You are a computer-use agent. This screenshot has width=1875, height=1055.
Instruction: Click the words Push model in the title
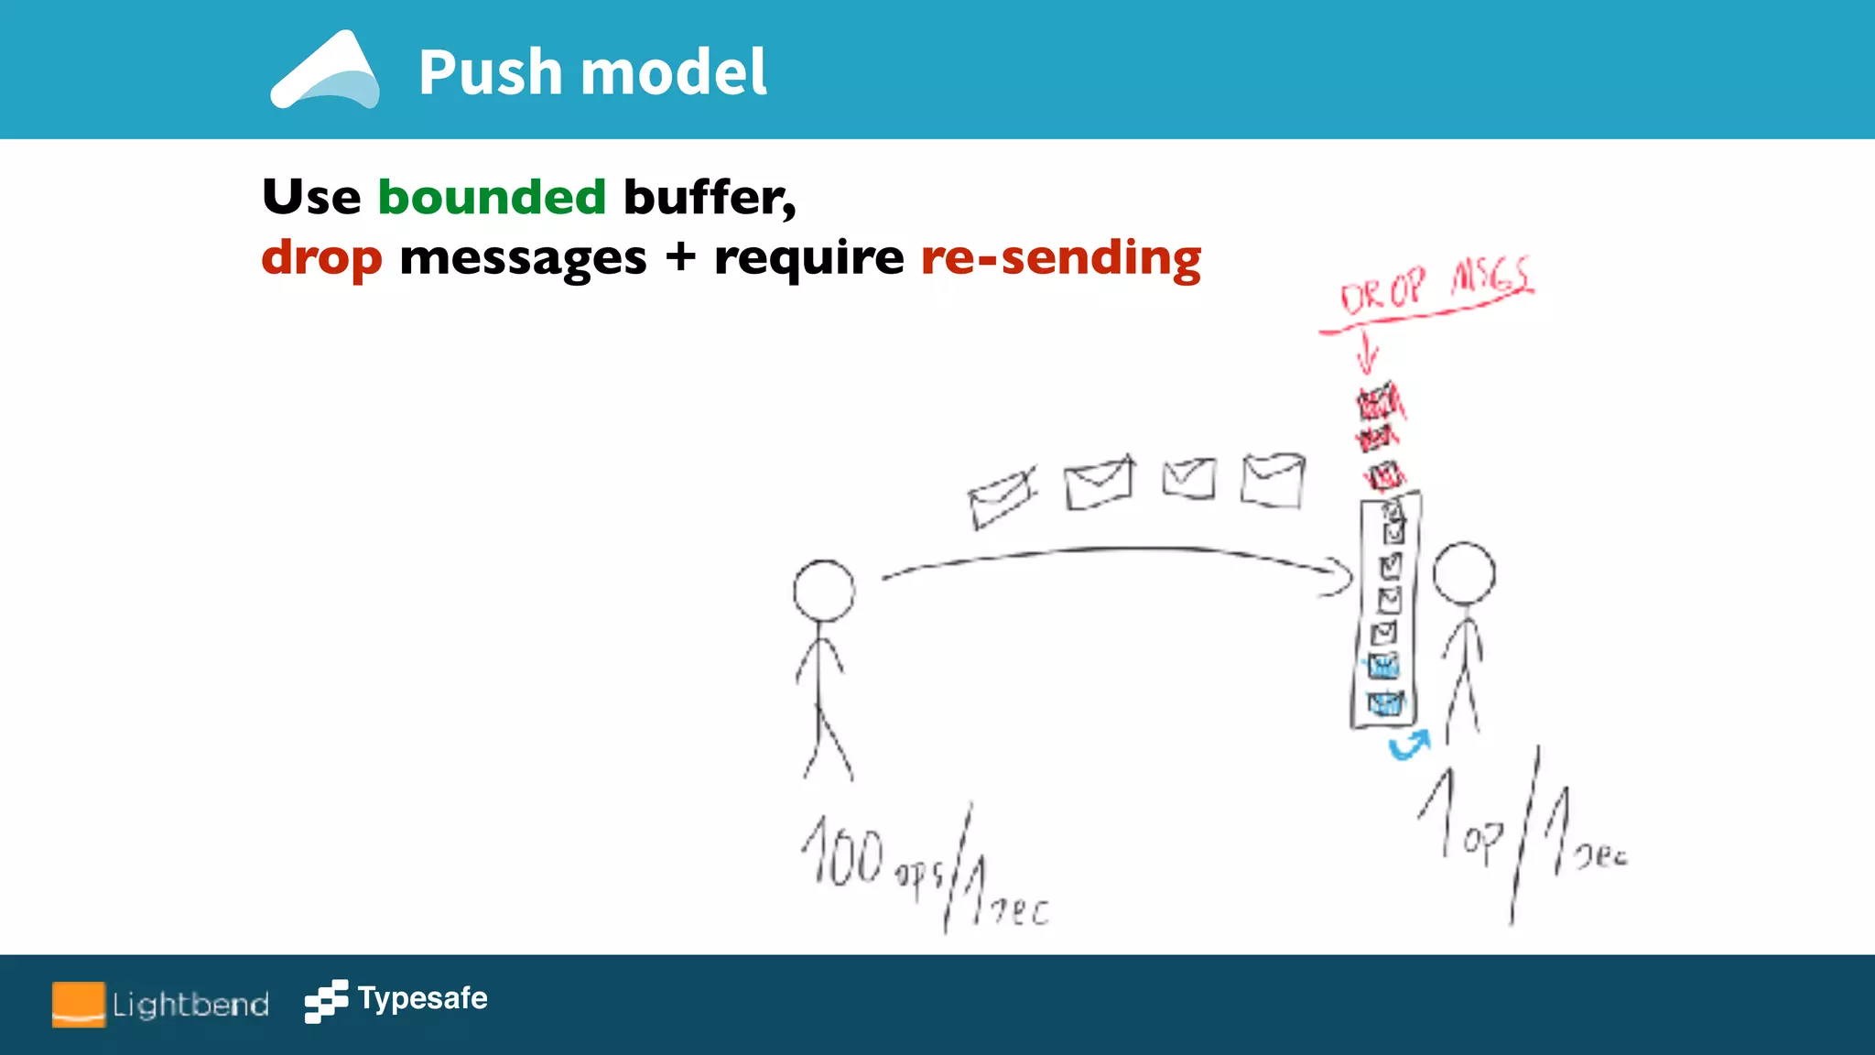[x=592, y=72]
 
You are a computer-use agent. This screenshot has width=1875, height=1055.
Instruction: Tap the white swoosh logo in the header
[x=325, y=73]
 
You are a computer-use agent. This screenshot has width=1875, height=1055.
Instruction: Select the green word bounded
[x=492, y=197]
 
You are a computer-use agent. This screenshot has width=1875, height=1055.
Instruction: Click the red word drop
[x=321, y=258]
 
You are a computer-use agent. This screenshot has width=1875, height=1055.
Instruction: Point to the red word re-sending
[x=1060, y=258]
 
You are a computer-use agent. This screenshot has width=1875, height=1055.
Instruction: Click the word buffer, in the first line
[x=710, y=197]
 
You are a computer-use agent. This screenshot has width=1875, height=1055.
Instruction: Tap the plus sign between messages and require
[x=680, y=257]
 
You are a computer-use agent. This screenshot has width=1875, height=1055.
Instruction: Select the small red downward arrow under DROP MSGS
[x=1367, y=353]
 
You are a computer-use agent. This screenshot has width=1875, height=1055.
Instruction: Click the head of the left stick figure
[x=824, y=591]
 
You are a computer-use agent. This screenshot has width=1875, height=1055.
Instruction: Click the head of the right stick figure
[x=1464, y=573]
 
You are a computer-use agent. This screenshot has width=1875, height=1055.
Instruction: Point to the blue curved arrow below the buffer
[x=1409, y=745]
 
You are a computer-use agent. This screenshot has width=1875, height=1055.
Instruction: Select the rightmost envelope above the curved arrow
[x=1273, y=480]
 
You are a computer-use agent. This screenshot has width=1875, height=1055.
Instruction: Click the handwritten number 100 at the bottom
[x=843, y=854]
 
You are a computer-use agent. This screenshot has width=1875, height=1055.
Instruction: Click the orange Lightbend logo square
[x=78, y=1005]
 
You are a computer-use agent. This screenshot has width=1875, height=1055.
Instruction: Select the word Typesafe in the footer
[x=422, y=997]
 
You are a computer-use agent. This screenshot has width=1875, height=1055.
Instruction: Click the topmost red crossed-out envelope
[x=1378, y=403]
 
